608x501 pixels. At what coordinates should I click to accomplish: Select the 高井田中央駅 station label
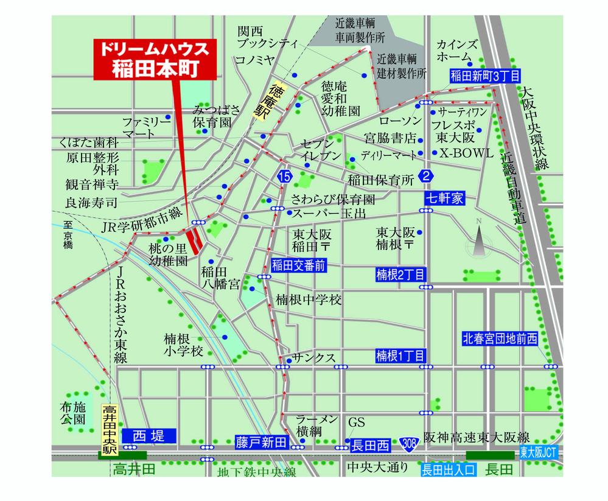(108, 429)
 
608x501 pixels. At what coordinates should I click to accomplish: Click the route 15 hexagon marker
(284, 177)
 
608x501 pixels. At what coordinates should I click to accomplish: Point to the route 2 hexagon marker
(427, 177)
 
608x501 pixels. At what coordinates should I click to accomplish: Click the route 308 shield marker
(410, 446)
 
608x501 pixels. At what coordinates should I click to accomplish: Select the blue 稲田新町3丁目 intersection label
(485, 76)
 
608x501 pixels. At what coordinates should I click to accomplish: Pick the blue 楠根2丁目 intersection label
(400, 275)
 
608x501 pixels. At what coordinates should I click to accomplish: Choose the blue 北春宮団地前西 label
(500, 340)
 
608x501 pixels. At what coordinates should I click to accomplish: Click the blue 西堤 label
(149, 436)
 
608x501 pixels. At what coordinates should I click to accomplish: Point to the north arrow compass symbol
(478, 242)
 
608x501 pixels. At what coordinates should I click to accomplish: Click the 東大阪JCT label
(539, 453)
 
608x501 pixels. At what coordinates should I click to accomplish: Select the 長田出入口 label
(449, 469)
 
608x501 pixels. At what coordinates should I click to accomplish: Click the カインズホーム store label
(457, 51)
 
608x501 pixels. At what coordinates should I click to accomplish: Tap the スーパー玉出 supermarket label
(329, 214)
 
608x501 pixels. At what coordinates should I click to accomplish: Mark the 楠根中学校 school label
(309, 300)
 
